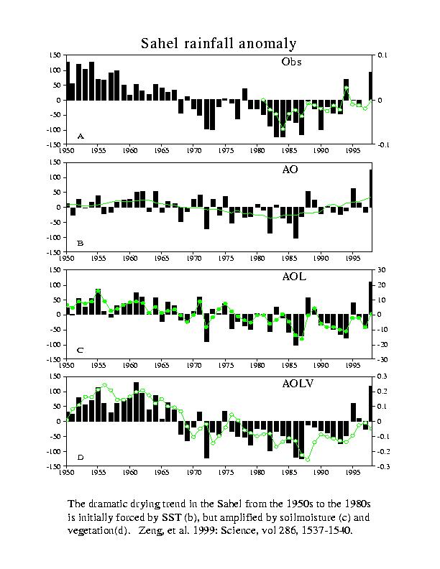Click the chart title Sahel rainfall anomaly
pyautogui.click(x=219, y=44)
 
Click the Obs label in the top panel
pyautogui.click(x=291, y=62)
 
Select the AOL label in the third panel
pyautogui.click(x=294, y=277)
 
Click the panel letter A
pyautogui.click(x=81, y=136)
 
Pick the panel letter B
pyautogui.click(x=81, y=244)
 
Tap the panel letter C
pyautogui.click(x=81, y=351)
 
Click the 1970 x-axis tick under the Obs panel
pyautogui.click(x=193, y=151)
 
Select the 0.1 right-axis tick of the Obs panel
pyautogui.click(x=382, y=55)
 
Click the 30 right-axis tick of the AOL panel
pyautogui.click(x=382, y=270)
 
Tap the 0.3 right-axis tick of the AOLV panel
pyautogui.click(x=382, y=376)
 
